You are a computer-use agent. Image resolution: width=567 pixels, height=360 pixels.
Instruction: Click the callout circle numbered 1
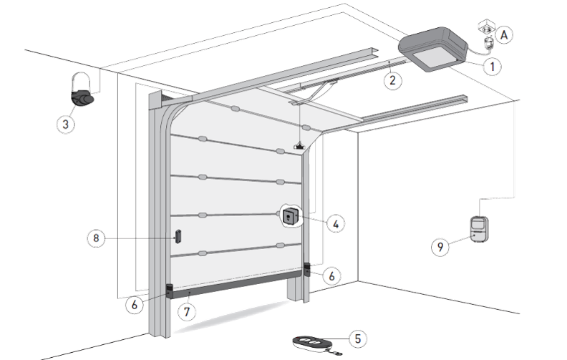tap(492, 66)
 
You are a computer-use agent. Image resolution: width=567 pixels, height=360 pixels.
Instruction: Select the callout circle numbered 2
tap(393, 80)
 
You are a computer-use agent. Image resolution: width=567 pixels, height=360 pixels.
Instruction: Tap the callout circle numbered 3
tap(65, 125)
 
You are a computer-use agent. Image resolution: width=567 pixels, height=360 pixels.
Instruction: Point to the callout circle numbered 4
tap(336, 224)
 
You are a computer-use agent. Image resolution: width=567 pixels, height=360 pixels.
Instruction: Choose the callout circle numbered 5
tap(358, 339)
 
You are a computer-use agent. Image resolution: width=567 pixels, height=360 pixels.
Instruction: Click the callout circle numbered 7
tap(187, 311)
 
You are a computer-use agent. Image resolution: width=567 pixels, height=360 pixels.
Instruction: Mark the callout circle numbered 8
tap(96, 238)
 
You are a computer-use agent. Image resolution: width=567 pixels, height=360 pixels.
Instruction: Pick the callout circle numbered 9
tap(440, 247)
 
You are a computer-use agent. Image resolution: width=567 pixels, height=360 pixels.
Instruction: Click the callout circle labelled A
tap(504, 35)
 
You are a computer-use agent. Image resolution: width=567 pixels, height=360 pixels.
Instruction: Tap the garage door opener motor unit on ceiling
tap(433, 49)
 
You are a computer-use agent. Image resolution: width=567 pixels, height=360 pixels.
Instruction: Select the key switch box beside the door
tap(291, 216)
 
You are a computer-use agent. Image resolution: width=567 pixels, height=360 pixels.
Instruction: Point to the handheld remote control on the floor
tap(313, 342)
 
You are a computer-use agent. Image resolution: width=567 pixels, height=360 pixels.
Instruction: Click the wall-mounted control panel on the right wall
tap(480, 229)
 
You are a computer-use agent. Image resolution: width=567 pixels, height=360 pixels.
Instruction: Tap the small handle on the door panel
tap(178, 236)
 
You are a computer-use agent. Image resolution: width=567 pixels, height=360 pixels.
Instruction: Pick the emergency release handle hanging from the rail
tap(299, 146)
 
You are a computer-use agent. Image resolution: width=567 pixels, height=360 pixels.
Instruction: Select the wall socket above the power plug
tap(487, 26)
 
